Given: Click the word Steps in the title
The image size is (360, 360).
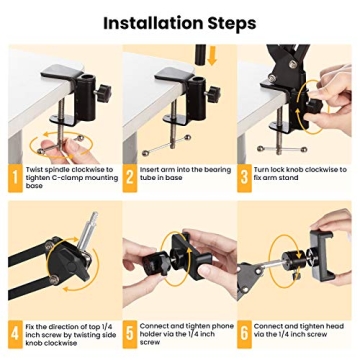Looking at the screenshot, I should [x=227, y=22].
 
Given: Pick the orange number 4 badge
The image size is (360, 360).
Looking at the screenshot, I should [x=14, y=332].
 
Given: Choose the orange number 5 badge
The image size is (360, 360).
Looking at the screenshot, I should [x=131, y=332].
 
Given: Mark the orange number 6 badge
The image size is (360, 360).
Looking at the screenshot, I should [x=245, y=332].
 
